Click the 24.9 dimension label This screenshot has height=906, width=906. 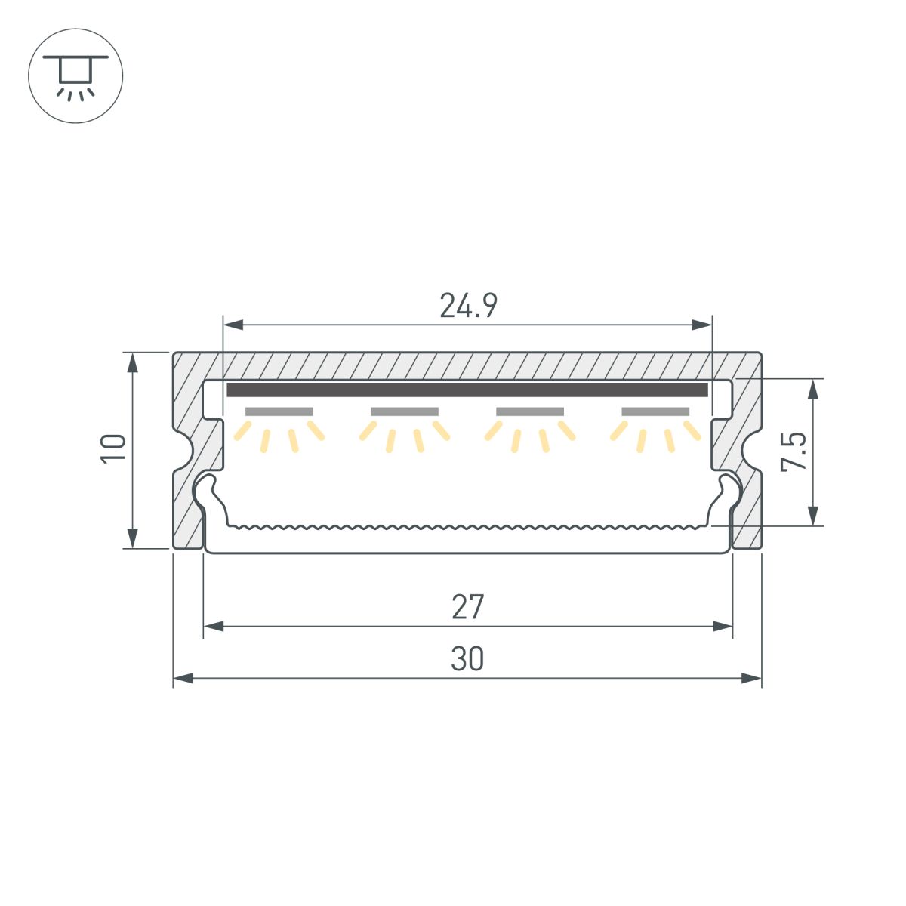pos(468,306)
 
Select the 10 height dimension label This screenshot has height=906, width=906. pos(113,448)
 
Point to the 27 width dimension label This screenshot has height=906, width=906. pos(467,607)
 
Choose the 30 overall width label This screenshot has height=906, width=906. pos(467,659)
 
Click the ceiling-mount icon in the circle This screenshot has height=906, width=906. pos(75,75)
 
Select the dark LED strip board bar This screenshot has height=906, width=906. pos(467,390)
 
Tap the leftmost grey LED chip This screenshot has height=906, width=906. pos(279,411)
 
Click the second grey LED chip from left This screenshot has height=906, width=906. pos(405,411)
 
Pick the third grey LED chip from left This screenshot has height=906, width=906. pos(530,411)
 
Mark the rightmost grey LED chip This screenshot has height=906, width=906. pos(655,411)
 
